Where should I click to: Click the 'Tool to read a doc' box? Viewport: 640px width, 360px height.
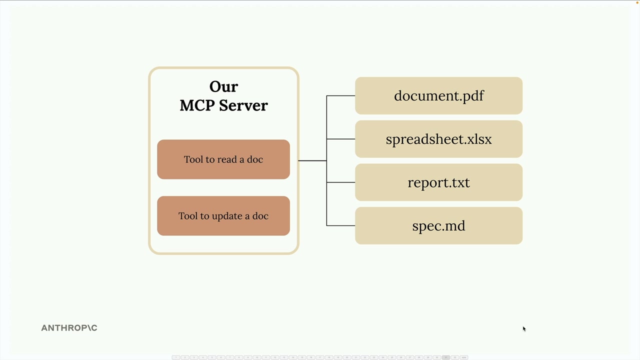pos(223,159)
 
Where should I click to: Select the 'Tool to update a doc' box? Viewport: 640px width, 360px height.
pos(223,216)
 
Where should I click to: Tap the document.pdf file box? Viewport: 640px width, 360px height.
pos(438,95)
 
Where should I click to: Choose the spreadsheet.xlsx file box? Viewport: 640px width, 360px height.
pos(438,139)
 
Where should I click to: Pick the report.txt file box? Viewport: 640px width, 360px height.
pos(438,182)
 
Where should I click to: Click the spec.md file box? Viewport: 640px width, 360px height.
pos(438,226)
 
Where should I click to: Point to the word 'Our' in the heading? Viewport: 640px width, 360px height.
pos(223,86)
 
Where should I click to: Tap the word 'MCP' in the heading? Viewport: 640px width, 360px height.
pos(196,105)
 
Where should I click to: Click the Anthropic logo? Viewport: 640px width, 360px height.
pos(69,328)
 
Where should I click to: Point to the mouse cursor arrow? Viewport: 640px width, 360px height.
pos(524,328)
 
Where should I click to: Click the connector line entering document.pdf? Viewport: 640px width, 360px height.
pos(341,95)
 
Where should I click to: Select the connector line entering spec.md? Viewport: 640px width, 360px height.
pos(341,225)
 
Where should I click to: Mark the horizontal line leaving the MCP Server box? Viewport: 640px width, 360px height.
pos(312,160)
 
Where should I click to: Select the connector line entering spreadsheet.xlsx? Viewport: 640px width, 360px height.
pos(341,139)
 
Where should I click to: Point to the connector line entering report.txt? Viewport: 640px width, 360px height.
pos(341,182)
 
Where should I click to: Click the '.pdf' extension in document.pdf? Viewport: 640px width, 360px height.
pos(471,96)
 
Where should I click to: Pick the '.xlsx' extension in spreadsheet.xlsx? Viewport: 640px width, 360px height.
pos(477,139)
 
